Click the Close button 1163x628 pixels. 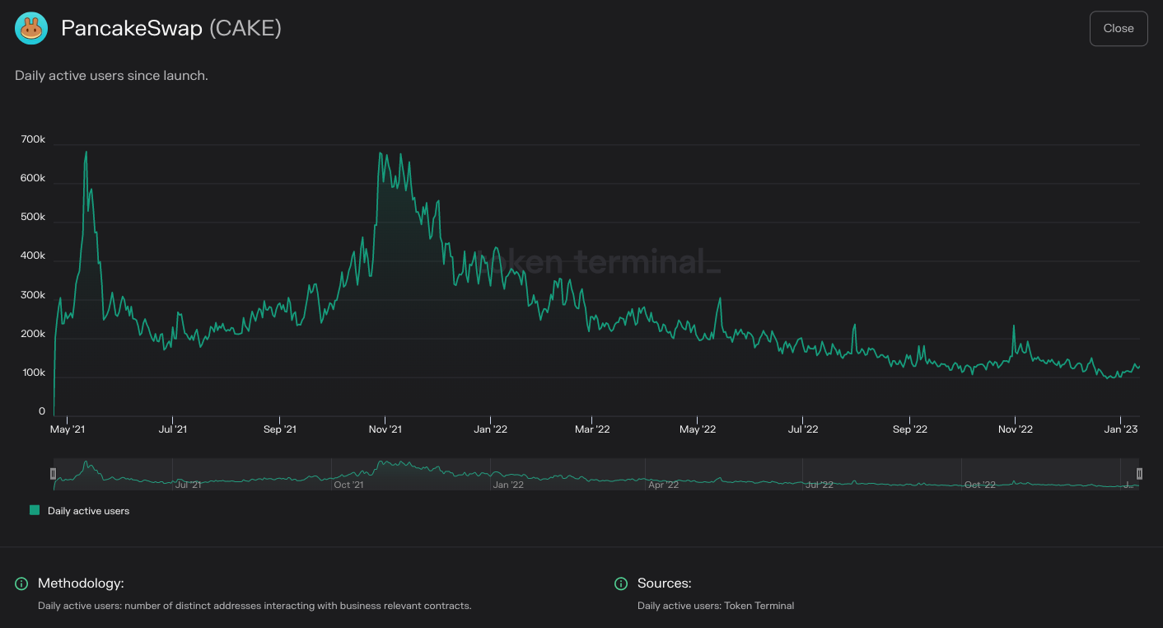pos(1118,29)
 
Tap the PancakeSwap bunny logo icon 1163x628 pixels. pos(31,29)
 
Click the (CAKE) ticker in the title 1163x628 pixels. pos(245,29)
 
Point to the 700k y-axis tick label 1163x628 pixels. pos(33,140)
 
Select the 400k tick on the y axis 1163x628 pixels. pos(33,256)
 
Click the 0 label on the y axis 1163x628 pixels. pos(42,411)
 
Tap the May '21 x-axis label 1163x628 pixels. pos(67,429)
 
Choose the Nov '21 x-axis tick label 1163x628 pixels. pos(385,429)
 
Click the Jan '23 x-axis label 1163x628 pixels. pos(1120,429)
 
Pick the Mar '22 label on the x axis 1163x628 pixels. pos(592,429)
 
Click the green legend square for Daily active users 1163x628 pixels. pos(35,511)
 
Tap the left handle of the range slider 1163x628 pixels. pos(54,474)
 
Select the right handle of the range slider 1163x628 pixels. pos(1139,474)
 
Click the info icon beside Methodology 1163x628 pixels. pos(21,583)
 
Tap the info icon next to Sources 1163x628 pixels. pos(621,583)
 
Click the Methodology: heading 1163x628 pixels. pos(81,583)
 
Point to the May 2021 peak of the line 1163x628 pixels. pos(86,152)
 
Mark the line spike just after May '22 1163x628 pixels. pos(719,298)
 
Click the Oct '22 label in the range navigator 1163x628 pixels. pos(979,485)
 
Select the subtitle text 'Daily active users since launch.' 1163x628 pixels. pos(111,76)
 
